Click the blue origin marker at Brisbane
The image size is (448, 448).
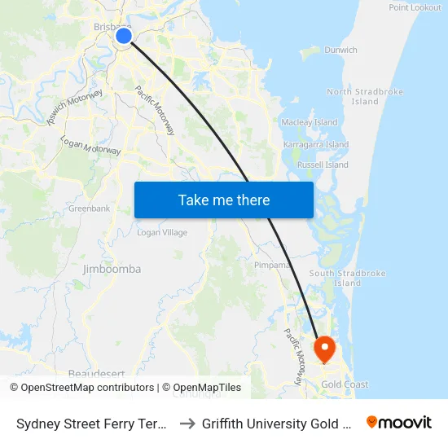pos(124,35)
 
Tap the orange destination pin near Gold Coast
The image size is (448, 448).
pos(325,349)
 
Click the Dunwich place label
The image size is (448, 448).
pos(340,50)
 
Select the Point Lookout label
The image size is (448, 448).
pos(415,7)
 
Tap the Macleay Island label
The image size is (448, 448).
pos(309,122)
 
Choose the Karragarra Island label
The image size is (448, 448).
pos(315,144)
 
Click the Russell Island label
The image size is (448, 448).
pos(323,165)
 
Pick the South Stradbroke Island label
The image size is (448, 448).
pos(347,278)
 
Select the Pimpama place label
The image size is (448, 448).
pos(271,265)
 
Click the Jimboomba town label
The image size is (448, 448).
pos(112,269)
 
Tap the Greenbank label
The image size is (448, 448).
pos(89,209)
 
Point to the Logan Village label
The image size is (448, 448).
pos(162,233)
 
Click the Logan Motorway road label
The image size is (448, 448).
pos(91,146)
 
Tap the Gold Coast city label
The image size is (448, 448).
pos(345,384)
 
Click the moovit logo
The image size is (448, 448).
pos(399,422)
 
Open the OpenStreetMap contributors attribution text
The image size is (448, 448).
pos(86,388)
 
